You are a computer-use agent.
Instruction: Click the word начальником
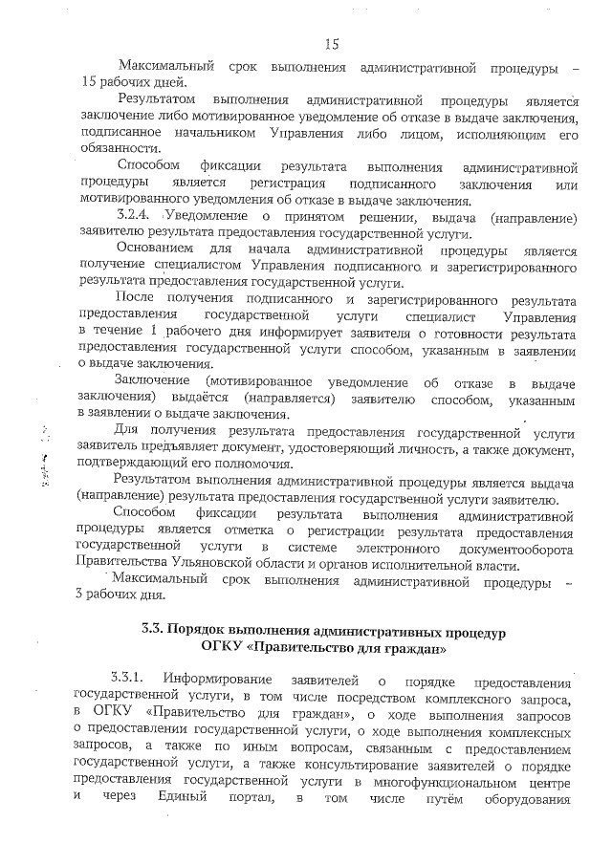tap(203, 132)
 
